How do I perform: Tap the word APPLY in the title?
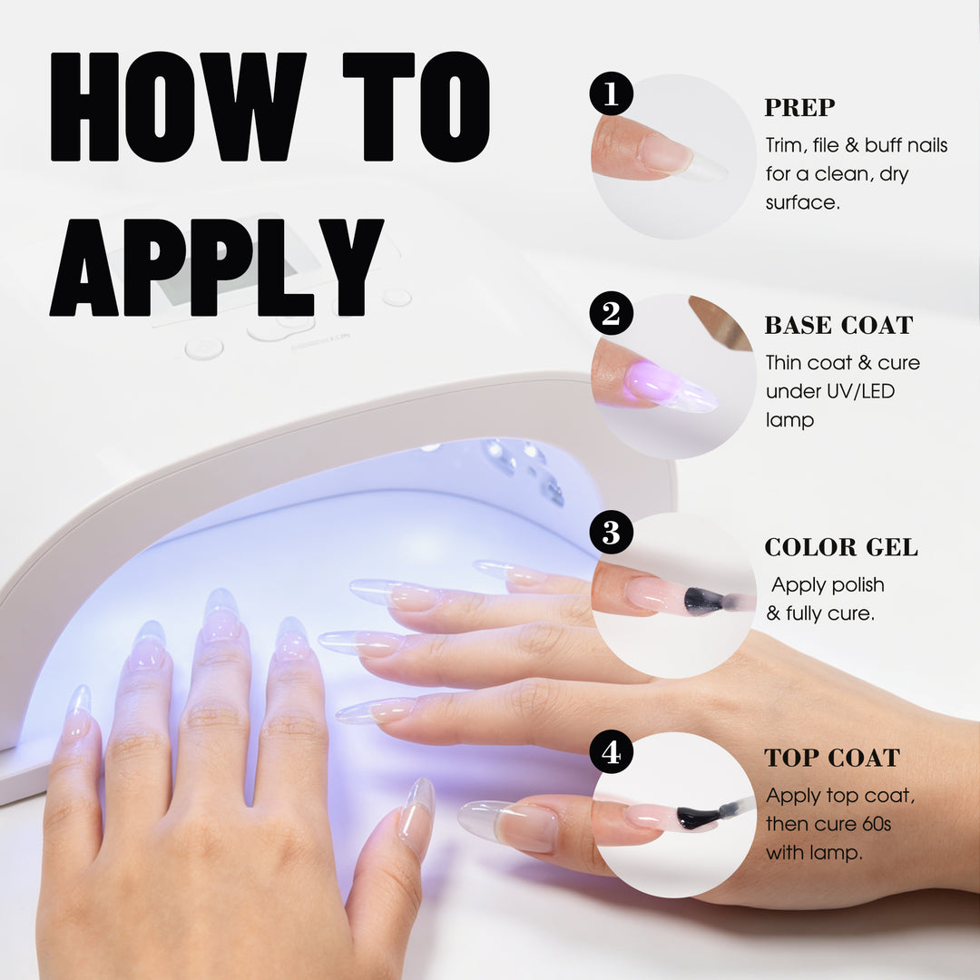[216, 268]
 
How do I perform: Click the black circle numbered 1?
[612, 93]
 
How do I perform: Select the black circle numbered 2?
[612, 313]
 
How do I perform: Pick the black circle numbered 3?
[612, 533]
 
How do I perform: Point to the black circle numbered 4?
[612, 752]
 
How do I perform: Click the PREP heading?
[799, 107]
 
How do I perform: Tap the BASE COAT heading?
[838, 326]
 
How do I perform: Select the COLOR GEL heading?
[841, 547]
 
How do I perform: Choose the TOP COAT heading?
[832, 758]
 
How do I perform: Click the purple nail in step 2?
[669, 387]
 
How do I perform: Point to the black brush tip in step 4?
[698, 817]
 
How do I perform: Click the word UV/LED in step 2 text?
[860, 391]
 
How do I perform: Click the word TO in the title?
[416, 107]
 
